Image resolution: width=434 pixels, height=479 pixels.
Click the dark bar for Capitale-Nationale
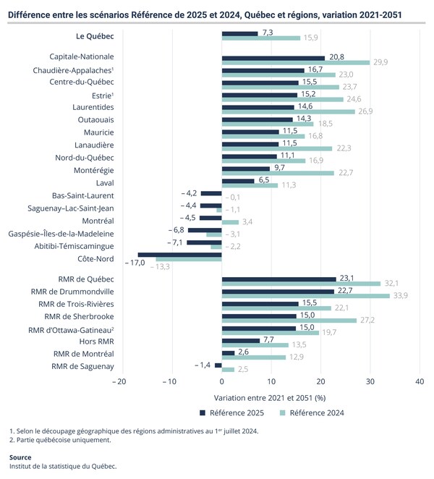pos(273,57)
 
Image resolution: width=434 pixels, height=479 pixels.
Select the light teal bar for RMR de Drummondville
pos(306,296)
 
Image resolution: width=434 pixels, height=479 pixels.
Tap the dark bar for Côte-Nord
pos(179,255)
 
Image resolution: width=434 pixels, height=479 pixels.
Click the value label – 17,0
pos(129,263)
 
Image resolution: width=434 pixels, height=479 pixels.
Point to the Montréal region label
pos(98,221)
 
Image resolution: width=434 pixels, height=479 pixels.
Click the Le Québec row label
pos(95,35)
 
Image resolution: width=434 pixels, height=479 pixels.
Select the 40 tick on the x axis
pos(419,381)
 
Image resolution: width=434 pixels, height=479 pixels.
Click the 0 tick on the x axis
pos(222,381)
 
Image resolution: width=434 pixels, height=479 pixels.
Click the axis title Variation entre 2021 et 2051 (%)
pos(270,397)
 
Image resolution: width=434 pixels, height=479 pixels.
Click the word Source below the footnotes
pos(20,457)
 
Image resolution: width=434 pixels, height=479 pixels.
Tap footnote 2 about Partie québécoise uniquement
pos(61,440)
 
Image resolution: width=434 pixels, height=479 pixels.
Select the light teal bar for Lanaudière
pos(276,149)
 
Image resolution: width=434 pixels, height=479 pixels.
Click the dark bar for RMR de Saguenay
pos(218,365)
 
